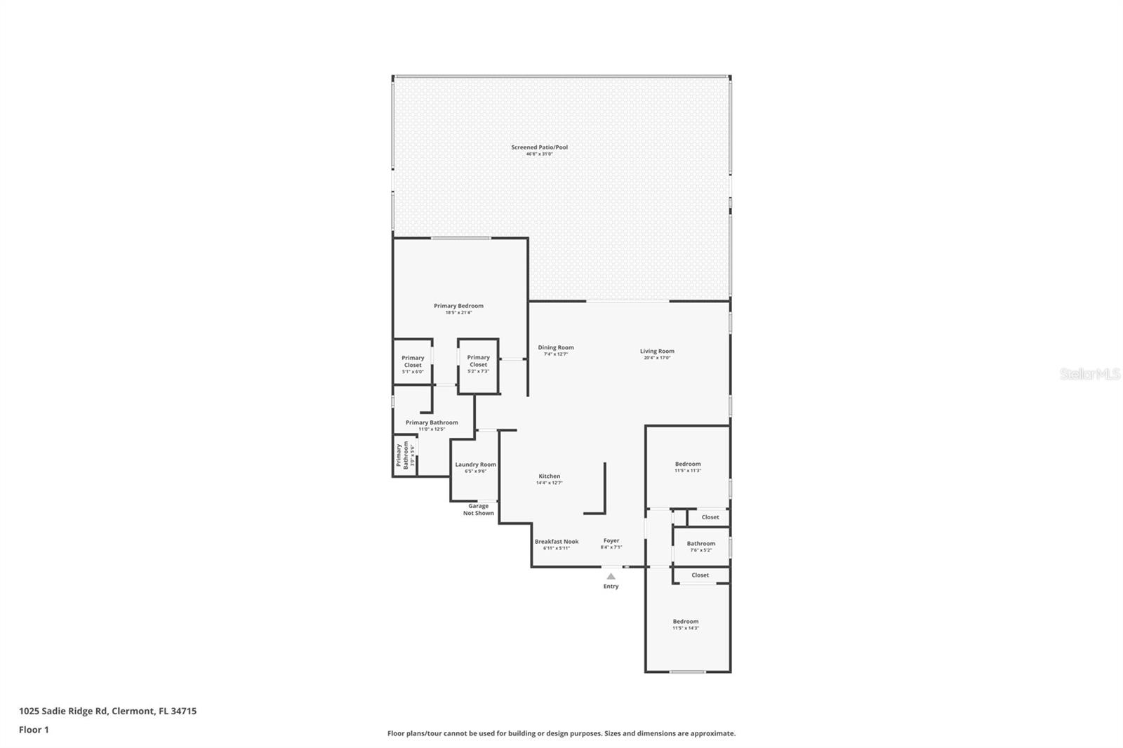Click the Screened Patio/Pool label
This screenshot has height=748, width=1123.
pos(539,148)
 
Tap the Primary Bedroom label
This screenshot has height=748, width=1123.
pos(458,307)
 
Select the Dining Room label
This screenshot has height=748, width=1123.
pos(556,348)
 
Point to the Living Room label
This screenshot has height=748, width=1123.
pos(657,352)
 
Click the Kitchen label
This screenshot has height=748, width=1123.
pos(549,477)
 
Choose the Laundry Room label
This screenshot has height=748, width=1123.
pos(475,465)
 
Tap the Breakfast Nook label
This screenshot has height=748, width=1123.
pos(557,542)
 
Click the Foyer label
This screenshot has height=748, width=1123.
pos(611,542)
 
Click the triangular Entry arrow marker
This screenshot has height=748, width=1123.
pos(611,576)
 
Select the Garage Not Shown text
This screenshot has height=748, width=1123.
pos(478,509)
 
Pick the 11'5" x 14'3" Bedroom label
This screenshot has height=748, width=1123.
pos(686,622)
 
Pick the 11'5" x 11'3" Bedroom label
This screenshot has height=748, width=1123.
pos(688,465)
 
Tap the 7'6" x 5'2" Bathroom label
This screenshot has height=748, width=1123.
pos(701,545)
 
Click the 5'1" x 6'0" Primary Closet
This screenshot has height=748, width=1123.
pos(413,362)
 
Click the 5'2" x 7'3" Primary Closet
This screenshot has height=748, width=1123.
pos(478,361)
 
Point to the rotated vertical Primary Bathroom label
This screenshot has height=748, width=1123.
pos(403,455)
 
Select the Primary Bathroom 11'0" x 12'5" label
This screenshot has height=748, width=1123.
pos(432,423)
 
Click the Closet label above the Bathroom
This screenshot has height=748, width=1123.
pos(710,517)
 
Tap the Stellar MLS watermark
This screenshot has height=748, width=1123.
pos(1089,374)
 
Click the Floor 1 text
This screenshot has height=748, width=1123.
pos(34,730)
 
